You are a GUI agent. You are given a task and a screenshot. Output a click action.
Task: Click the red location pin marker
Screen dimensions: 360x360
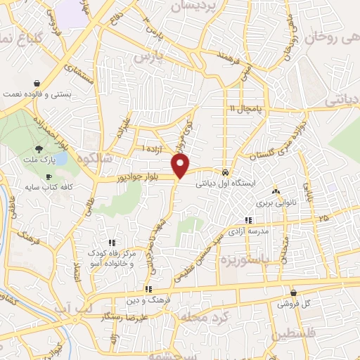pos(181,166)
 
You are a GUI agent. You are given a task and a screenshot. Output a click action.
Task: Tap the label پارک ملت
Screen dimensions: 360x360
pos(39,161)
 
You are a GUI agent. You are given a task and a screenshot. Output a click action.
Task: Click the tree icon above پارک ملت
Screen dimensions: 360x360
pos(39,149)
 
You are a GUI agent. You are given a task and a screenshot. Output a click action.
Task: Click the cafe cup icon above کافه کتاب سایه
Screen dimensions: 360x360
pos(49,176)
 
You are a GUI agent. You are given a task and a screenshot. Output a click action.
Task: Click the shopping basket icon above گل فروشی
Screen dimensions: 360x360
pos(293,292)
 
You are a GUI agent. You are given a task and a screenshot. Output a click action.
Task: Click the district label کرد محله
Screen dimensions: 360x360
pos(204,317)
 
